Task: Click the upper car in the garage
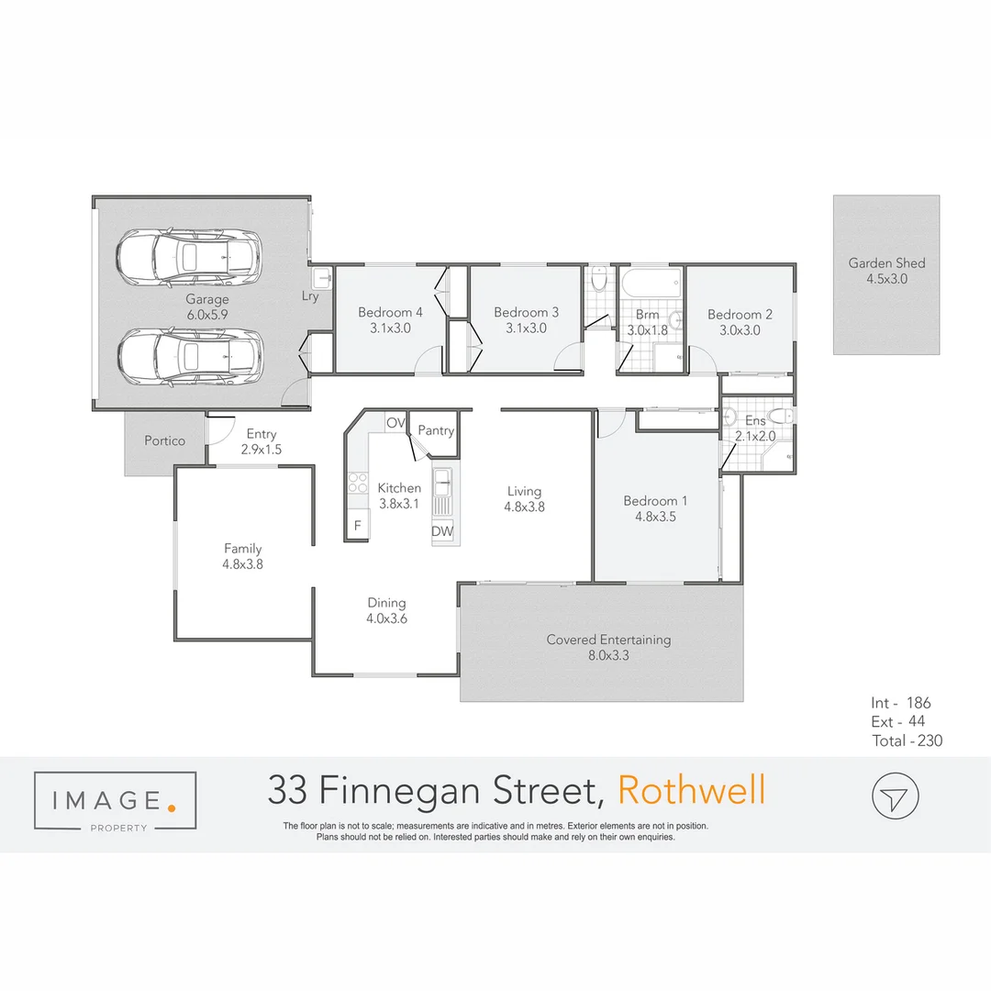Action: (x=188, y=255)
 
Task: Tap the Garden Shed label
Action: (x=886, y=263)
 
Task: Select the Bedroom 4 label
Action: (x=390, y=313)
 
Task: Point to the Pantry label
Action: (x=436, y=430)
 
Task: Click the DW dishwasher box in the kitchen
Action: (x=442, y=531)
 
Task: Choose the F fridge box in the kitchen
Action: (x=357, y=526)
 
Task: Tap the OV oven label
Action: (x=395, y=423)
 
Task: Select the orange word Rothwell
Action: (x=691, y=790)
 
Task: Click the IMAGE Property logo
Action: (x=115, y=802)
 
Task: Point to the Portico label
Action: (x=164, y=440)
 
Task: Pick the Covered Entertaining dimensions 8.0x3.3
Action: (x=608, y=655)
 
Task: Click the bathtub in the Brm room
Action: (x=650, y=280)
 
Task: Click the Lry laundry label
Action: (x=310, y=296)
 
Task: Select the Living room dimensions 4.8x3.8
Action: (x=524, y=506)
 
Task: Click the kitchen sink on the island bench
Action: (x=442, y=477)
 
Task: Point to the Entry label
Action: (x=262, y=434)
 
